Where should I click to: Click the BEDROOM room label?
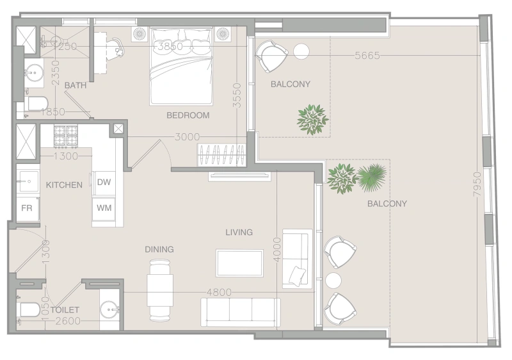(x=188, y=115)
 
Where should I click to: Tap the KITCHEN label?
(x=64, y=185)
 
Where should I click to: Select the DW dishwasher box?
(x=104, y=183)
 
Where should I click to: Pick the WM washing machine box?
(x=104, y=208)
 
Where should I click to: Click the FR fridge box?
(x=28, y=208)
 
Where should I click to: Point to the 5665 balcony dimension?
(x=367, y=56)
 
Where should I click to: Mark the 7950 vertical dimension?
(x=477, y=184)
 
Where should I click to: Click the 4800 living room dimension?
(x=219, y=292)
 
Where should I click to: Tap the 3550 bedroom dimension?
(x=237, y=95)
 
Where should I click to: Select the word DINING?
(x=159, y=250)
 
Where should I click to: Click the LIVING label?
(x=239, y=233)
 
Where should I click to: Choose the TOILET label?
(x=65, y=309)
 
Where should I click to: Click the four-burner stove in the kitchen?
(x=66, y=136)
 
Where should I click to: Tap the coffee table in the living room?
(x=239, y=263)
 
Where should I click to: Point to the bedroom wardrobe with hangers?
(x=221, y=155)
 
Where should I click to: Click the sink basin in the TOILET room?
(x=109, y=309)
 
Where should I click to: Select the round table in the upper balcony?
(x=301, y=51)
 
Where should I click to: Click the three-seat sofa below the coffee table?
(x=241, y=312)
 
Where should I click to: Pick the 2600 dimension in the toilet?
(x=68, y=321)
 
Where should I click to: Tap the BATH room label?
(x=76, y=86)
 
